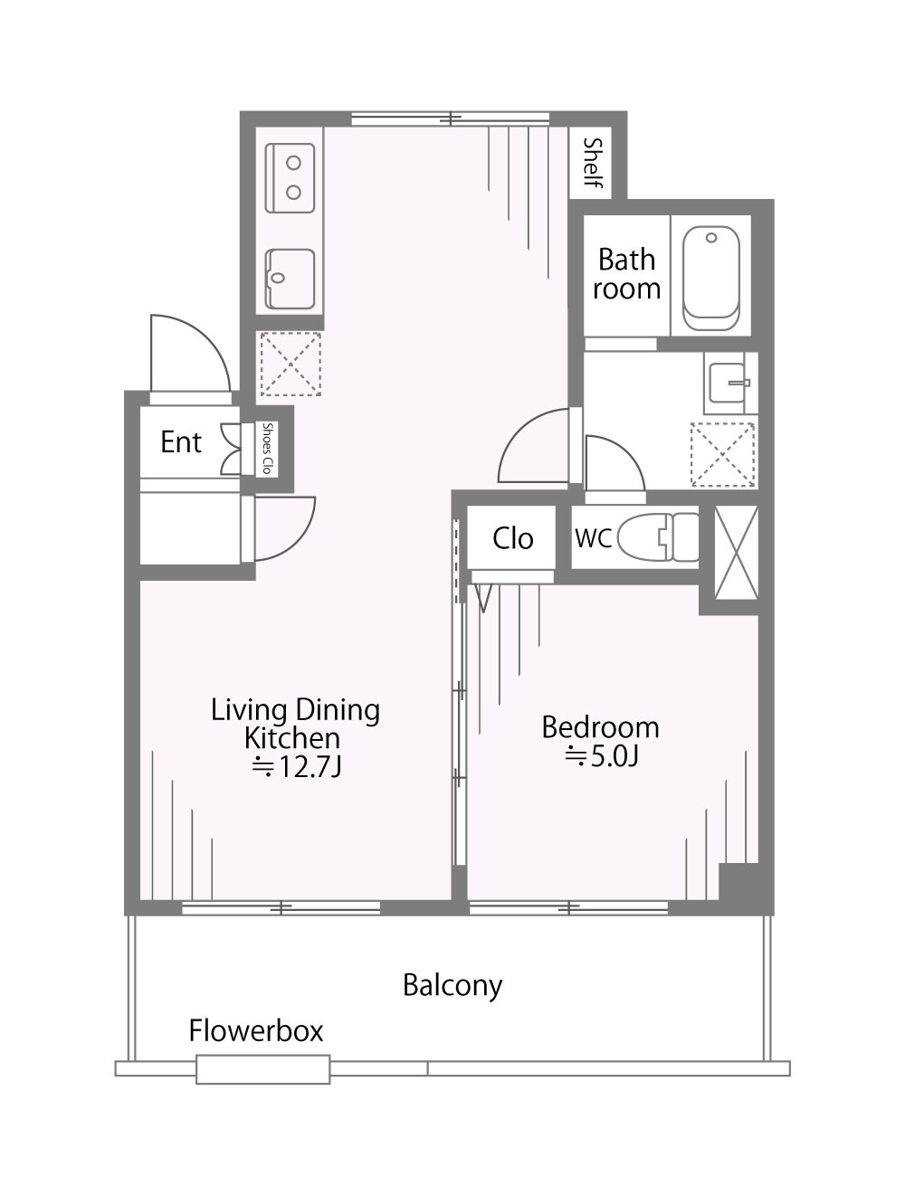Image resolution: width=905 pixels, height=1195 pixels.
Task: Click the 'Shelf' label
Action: (x=593, y=162)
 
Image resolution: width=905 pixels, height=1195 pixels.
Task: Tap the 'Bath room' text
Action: (x=626, y=274)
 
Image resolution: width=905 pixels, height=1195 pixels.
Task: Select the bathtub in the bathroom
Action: (x=710, y=279)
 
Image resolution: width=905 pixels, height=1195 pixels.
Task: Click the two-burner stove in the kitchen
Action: (x=290, y=177)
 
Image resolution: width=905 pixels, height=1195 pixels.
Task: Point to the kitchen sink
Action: (x=290, y=280)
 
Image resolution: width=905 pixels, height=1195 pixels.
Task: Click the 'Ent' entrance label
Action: (x=181, y=441)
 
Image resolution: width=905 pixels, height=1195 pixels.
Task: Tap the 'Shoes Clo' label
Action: (x=267, y=448)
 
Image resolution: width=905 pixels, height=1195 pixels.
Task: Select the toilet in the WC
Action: (x=658, y=536)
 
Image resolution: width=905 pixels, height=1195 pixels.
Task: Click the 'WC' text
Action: (x=593, y=538)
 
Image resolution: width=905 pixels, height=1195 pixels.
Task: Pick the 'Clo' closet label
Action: (x=512, y=538)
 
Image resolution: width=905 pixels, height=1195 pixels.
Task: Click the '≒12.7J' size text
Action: (x=296, y=768)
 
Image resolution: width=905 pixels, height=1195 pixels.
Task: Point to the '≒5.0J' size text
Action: (x=601, y=756)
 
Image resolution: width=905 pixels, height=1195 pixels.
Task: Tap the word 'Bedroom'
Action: (x=600, y=727)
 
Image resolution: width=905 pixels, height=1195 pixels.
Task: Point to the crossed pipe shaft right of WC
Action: (x=736, y=553)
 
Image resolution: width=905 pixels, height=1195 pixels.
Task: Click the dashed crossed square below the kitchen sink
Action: (x=291, y=364)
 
